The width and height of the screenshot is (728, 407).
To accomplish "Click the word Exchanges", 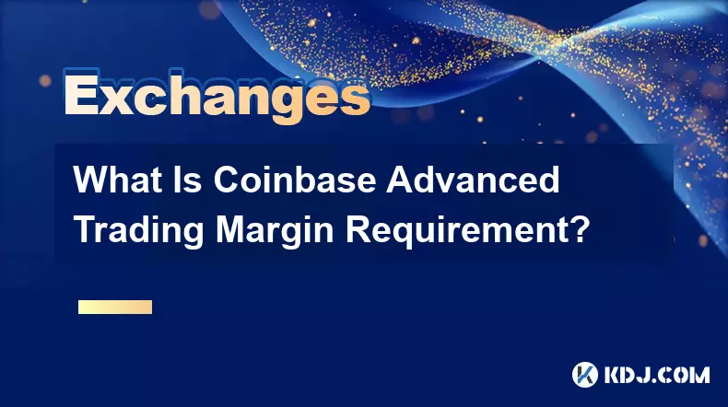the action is [x=217, y=97].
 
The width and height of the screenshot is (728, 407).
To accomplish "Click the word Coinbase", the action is [x=294, y=180].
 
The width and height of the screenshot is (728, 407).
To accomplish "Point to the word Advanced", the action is [x=473, y=180].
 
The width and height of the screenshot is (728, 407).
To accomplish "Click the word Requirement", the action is [x=455, y=229].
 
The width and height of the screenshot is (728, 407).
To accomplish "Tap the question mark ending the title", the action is [x=578, y=228].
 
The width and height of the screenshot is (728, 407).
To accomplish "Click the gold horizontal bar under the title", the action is [x=115, y=307].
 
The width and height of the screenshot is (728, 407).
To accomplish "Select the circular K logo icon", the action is [x=584, y=375].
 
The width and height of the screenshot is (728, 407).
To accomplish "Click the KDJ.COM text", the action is [x=657, y=375].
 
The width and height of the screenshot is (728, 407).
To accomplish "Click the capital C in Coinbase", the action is [x=226, y=180].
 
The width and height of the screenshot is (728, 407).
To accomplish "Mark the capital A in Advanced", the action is [x=399, y=180].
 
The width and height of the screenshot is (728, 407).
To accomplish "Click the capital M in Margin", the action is [x=231, y=228].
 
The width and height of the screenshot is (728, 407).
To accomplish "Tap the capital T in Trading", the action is [x=86, y=228].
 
